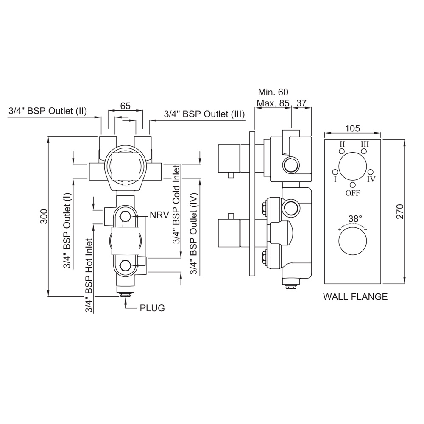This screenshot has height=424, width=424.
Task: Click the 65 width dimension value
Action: pyautogui.click(x=125, y=106)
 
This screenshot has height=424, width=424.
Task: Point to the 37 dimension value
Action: pyautogui.click(x=301, y=103)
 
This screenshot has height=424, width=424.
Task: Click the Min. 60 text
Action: pyautogui.click(x=273, y=92)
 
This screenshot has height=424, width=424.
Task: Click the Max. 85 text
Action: pyautogui.click(x=273, y=103)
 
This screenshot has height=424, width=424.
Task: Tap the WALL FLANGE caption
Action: pyautogui.click(x=355, y=297)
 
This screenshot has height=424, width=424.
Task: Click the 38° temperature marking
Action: pyautogui.click(x=355, y=219)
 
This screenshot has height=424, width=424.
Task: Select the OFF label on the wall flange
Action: pyautogui.click(x=353, y=193)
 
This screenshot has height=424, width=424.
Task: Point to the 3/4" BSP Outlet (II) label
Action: pyautogui.click(x=47, y=112)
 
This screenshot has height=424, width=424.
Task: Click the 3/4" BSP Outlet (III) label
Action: pyautogui.click(x=204, y=114)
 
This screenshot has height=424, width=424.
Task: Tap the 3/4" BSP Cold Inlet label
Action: pyautogui.click(x=176, y=205)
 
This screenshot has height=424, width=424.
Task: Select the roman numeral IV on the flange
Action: pyautogui.click(x=371, y=179)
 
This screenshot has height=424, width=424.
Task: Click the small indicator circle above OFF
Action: pyautogui.click(x=353, y=184)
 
